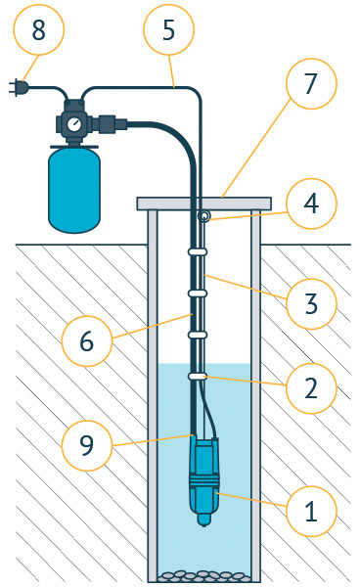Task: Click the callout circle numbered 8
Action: click(x=38, y=29)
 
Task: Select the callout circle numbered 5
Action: click(x=169, y=29)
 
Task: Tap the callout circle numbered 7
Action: click(x=311, y=83)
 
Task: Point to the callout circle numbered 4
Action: click(x=311, y=203)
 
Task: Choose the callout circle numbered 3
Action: click(x=311, y=303)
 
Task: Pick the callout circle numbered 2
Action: click(x=311, y=388)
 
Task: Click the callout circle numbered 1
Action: click(x=311, y=511)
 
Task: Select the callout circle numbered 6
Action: click(x=86, y=341)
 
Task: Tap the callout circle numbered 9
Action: click(x=86, y=445)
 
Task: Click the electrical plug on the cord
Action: click(x=18, y=88)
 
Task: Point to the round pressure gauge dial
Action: click(x=76, y=124)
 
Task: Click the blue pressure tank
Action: click(x=74, y=190)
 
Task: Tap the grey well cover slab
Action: click(x=203, y=203)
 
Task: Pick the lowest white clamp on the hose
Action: click(x=198, y=377)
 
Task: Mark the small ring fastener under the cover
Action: click(x=203, y=216)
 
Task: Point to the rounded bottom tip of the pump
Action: click(x=203, y=521)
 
